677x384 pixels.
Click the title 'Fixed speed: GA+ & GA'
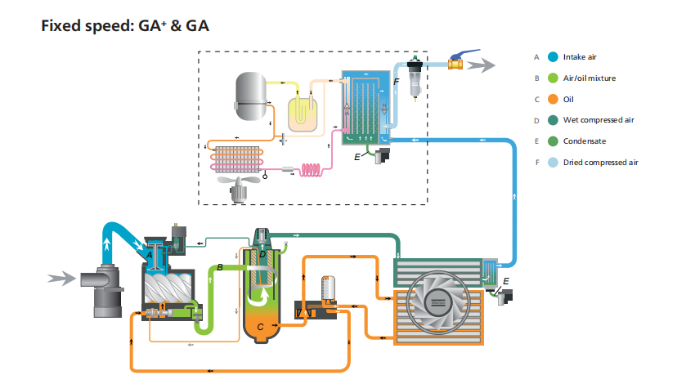tap(125, 26)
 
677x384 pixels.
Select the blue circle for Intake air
tap(554, 57)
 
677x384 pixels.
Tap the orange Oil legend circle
tap(554, 100)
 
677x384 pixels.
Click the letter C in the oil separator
tap(260, 326)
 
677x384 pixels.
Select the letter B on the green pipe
tap(220, 267)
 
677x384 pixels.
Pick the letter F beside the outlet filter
tap(396, 83)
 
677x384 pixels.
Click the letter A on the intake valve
tap(149, 255)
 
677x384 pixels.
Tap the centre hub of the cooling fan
tap(438, 308)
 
